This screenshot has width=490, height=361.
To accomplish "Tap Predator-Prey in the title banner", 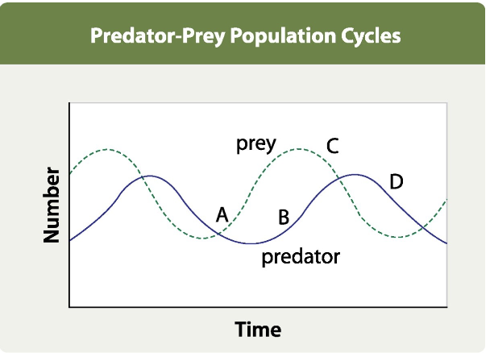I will click(164, 37).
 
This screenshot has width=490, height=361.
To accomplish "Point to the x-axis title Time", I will click(258, 330).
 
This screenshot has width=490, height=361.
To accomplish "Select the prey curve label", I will click(256, 144).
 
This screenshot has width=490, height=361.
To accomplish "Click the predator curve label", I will click(301, 258).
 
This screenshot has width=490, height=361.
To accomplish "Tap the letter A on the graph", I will click(222, 214).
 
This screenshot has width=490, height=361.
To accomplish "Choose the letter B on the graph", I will click(284, 217).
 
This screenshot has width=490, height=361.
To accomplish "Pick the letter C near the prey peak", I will click(332, 146).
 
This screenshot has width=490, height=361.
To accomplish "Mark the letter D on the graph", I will click(396, 181).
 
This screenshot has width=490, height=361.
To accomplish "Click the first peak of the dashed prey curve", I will click(104, 150).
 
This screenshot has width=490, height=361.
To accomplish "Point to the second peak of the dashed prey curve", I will click(299, 148).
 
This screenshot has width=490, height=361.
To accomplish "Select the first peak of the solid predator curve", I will click(150, 176).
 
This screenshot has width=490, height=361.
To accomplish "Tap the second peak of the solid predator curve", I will click(355, 174).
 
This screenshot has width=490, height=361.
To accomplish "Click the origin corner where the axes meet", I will click(71, 306).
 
